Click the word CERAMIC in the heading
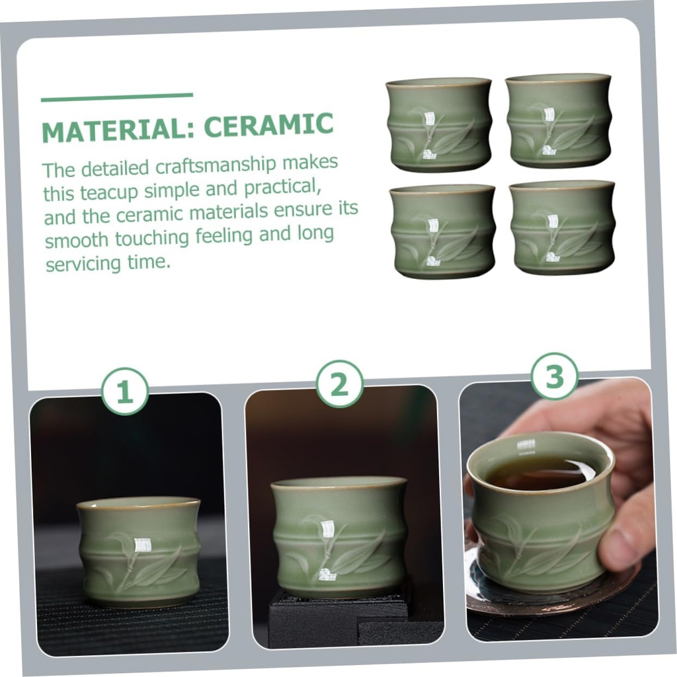tap(268, 125)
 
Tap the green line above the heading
tap(117, 97)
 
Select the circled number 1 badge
tap(125, 391)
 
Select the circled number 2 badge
tap(339, 383)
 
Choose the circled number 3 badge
tap(555, 376)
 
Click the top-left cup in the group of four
tap(439, 124)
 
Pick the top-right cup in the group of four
tap(559, 120)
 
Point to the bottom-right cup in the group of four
tap(562, 227)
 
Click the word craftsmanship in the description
tap(216, 165)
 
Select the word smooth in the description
tap(77, 239)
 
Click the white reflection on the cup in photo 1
tap(139, 545)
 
